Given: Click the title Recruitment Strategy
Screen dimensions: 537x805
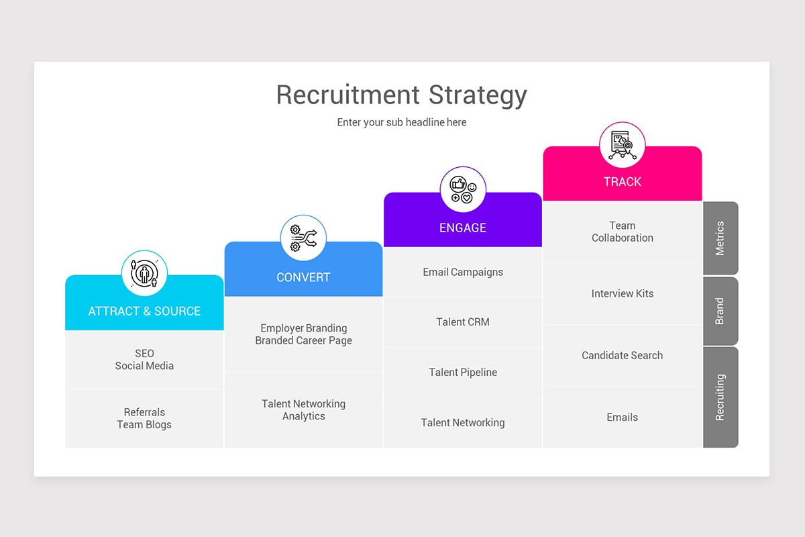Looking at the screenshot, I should (x=401, y=95).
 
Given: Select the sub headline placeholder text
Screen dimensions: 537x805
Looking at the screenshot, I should (x=401, y=123).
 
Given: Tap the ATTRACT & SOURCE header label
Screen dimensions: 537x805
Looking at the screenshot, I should (x=144, y=311).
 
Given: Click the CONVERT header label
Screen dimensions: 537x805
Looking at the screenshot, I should (x=303, y=277).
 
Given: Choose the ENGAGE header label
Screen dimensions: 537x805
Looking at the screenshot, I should (x=463, y=228).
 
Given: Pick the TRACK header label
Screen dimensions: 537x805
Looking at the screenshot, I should (x=622, y=182).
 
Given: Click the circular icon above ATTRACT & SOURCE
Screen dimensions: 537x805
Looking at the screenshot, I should (x=144, y=273).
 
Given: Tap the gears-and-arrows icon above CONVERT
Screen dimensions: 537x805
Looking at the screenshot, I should (x=303, y=238).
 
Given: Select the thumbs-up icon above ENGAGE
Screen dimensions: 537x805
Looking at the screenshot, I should (x=463, y=189).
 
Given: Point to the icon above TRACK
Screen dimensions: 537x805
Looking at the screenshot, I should (x=622, y=145).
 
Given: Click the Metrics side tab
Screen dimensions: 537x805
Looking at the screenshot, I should (x=720, y=238).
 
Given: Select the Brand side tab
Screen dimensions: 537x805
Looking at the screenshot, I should (x=720, y=311).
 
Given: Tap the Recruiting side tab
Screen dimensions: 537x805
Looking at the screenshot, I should (x=720, y=397).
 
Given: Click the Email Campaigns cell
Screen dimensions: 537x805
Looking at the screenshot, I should (x=463, y=272).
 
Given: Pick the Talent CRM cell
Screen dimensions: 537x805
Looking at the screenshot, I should (x=463, y=322).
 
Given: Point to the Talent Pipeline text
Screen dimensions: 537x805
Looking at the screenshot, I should (x=463, y=373).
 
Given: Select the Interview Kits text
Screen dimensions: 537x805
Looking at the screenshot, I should (x=622, y=293).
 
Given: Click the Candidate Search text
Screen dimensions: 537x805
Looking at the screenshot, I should (x=622, y=356).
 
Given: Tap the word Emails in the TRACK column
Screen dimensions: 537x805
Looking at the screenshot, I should (x=622, y=418).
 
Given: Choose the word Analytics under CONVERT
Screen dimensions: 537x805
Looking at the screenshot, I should (x=303, y=417).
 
